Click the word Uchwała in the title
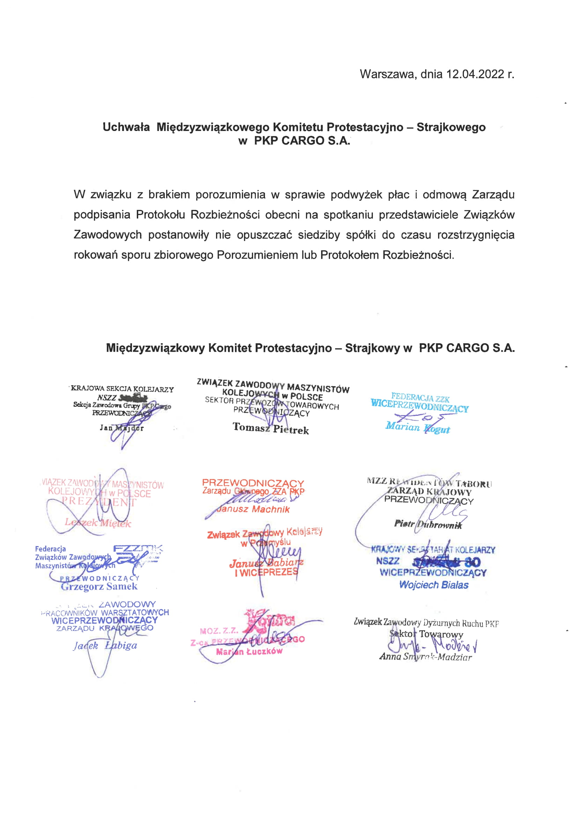click(126, 127)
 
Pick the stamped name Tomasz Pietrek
click(271, 428)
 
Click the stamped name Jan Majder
click(122, 428)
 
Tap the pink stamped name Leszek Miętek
click(98, 523)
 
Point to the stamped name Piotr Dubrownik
click(428, 524)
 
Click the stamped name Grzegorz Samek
click(99, 586)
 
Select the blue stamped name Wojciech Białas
click(434, 585)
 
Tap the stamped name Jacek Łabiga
click(105, 645)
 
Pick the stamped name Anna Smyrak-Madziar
click(425, 657)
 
